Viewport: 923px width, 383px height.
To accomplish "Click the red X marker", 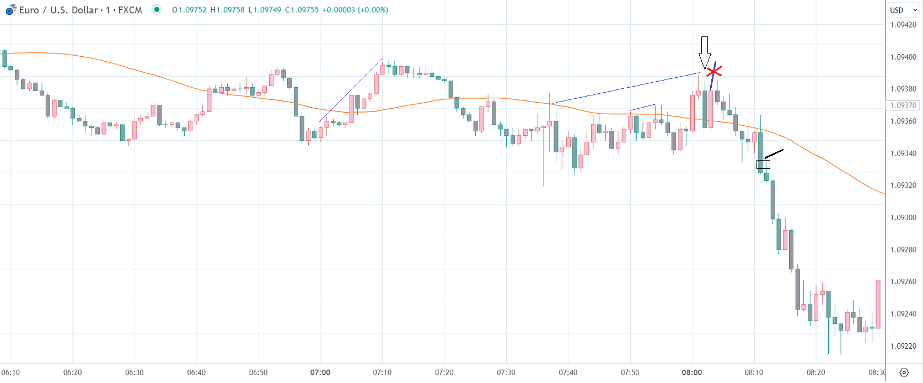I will coord(714,71).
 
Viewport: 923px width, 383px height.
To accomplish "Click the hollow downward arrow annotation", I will coord(704,53).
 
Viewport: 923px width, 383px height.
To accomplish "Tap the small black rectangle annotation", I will coord(763,164).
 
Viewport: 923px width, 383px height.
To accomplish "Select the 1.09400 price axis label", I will coord(903,57).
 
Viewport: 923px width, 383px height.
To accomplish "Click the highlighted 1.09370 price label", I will coord(903,105).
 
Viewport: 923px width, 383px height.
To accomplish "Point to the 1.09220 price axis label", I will coord(903,346).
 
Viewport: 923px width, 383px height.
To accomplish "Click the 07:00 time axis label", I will coord(320,373).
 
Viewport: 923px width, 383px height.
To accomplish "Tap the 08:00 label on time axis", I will coord(692,373).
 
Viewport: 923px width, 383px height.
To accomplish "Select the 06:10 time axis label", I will coord(10,373).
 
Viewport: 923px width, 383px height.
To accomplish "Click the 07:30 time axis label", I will coord(506,373).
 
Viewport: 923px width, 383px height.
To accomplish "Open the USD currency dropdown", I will coord(903,10).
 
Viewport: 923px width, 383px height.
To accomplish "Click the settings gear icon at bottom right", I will coord(904,373).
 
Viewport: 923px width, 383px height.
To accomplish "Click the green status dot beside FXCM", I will coord(157,9).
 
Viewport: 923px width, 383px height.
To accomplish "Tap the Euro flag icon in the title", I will coord(10,10).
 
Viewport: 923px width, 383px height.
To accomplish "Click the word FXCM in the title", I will coord(130,10).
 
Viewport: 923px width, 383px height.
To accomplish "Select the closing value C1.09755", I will coord(302,10).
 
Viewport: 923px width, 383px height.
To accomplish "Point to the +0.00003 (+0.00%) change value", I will coord(355,10).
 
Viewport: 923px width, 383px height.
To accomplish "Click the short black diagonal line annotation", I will coord(774,153).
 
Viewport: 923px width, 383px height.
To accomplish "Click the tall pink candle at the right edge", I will coord(878,304).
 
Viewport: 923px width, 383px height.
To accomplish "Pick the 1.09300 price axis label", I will coord(903,217).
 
